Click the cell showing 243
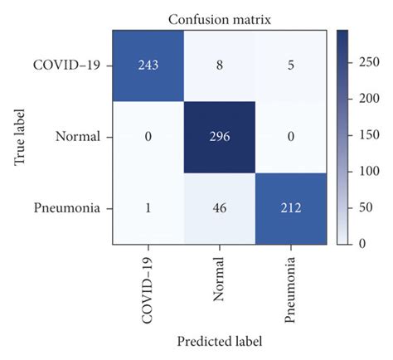tap(150, 65)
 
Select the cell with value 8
tap(221, 65)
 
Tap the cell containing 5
tap(289, 65)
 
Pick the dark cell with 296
tap(221, 136)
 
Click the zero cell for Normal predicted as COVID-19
tap(150, 136)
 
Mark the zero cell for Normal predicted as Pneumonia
tap(289, 136)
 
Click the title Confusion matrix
tap(219, 17)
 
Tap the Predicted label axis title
tap(219, 340)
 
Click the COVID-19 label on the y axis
tap(68, 65)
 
